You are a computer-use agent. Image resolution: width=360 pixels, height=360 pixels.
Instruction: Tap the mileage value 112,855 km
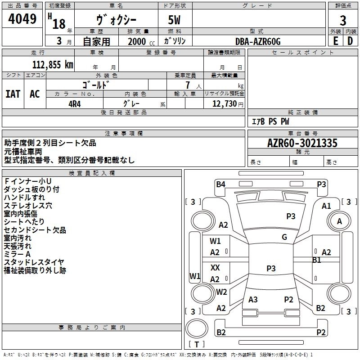[52, 65]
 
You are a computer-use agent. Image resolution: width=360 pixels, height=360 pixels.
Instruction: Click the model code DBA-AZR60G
[258, 41]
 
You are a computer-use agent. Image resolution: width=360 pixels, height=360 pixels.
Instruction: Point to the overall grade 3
[343, 21]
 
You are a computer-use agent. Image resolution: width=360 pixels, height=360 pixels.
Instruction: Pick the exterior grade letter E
[335, 41]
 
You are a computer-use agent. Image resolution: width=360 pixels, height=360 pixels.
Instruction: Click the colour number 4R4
[75, 103]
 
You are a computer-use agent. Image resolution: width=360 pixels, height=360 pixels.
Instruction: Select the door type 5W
[175, 21]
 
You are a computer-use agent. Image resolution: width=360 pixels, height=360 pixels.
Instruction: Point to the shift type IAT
[13, 94]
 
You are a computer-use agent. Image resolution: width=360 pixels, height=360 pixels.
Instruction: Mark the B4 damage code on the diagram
[220, 184]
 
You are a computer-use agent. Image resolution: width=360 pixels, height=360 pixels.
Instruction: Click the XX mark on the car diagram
[215, 268]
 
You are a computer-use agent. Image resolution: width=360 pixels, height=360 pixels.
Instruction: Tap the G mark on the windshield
[284, 237]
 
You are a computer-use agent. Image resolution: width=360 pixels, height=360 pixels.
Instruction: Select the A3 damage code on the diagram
[253, 300]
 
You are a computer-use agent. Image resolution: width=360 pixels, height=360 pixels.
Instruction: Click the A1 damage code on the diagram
[326, 206]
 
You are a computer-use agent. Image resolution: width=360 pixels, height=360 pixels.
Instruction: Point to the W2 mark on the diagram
[221, 292]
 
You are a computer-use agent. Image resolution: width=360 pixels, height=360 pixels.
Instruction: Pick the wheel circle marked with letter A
[339, 221]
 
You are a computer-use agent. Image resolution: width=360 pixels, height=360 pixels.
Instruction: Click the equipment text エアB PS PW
[270, 121]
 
